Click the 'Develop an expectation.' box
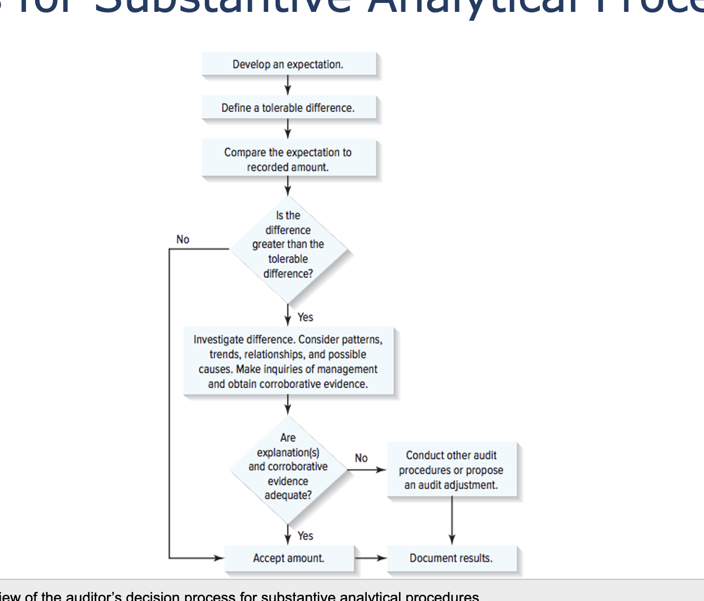288,64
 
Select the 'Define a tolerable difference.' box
288,108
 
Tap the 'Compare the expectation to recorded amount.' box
288,160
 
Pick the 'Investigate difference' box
288,361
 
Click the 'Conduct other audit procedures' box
451,470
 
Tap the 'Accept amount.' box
289,558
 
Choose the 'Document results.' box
451,558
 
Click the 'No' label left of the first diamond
183,239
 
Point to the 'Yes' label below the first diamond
305,317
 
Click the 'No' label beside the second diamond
361,458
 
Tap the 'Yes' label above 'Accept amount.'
305,535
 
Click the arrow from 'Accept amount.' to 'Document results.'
371,558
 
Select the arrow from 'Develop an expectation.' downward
288,85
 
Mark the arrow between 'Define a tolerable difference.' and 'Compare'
288,130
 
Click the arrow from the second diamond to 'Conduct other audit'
367,470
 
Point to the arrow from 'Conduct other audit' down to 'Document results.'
452,521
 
